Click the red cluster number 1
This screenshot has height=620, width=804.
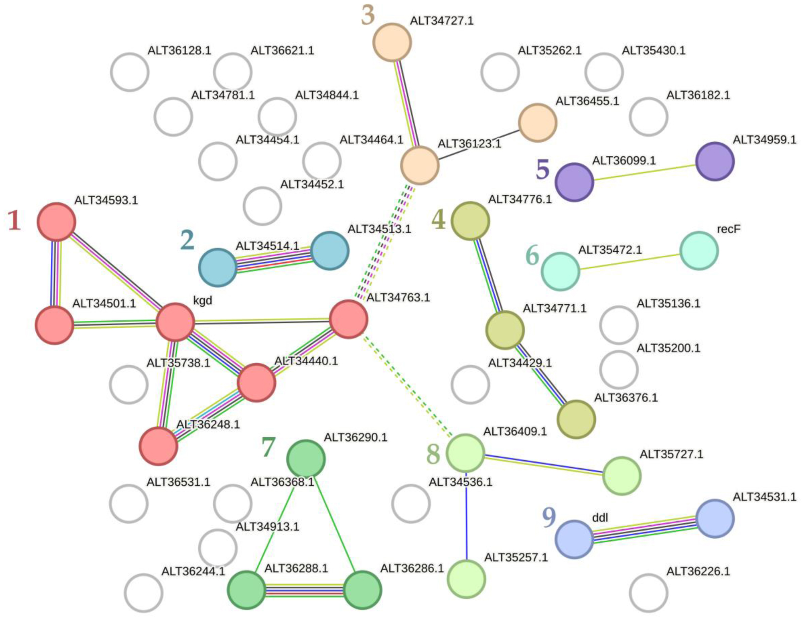14,220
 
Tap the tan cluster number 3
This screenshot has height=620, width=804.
368,15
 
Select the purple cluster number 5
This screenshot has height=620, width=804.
542,170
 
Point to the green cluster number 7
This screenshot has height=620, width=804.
268,446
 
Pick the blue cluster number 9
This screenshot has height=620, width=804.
549,517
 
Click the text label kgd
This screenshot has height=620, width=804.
203,301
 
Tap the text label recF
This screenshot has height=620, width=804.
728,229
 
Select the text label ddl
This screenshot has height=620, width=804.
600,518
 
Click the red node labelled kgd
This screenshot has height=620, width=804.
175,322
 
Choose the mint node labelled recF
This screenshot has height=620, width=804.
699,251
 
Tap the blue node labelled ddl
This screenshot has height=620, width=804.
574,539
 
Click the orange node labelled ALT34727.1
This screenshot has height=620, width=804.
392,42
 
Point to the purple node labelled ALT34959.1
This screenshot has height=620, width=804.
714,161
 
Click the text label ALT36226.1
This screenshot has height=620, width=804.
698,572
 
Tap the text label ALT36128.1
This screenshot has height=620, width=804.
179,50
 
